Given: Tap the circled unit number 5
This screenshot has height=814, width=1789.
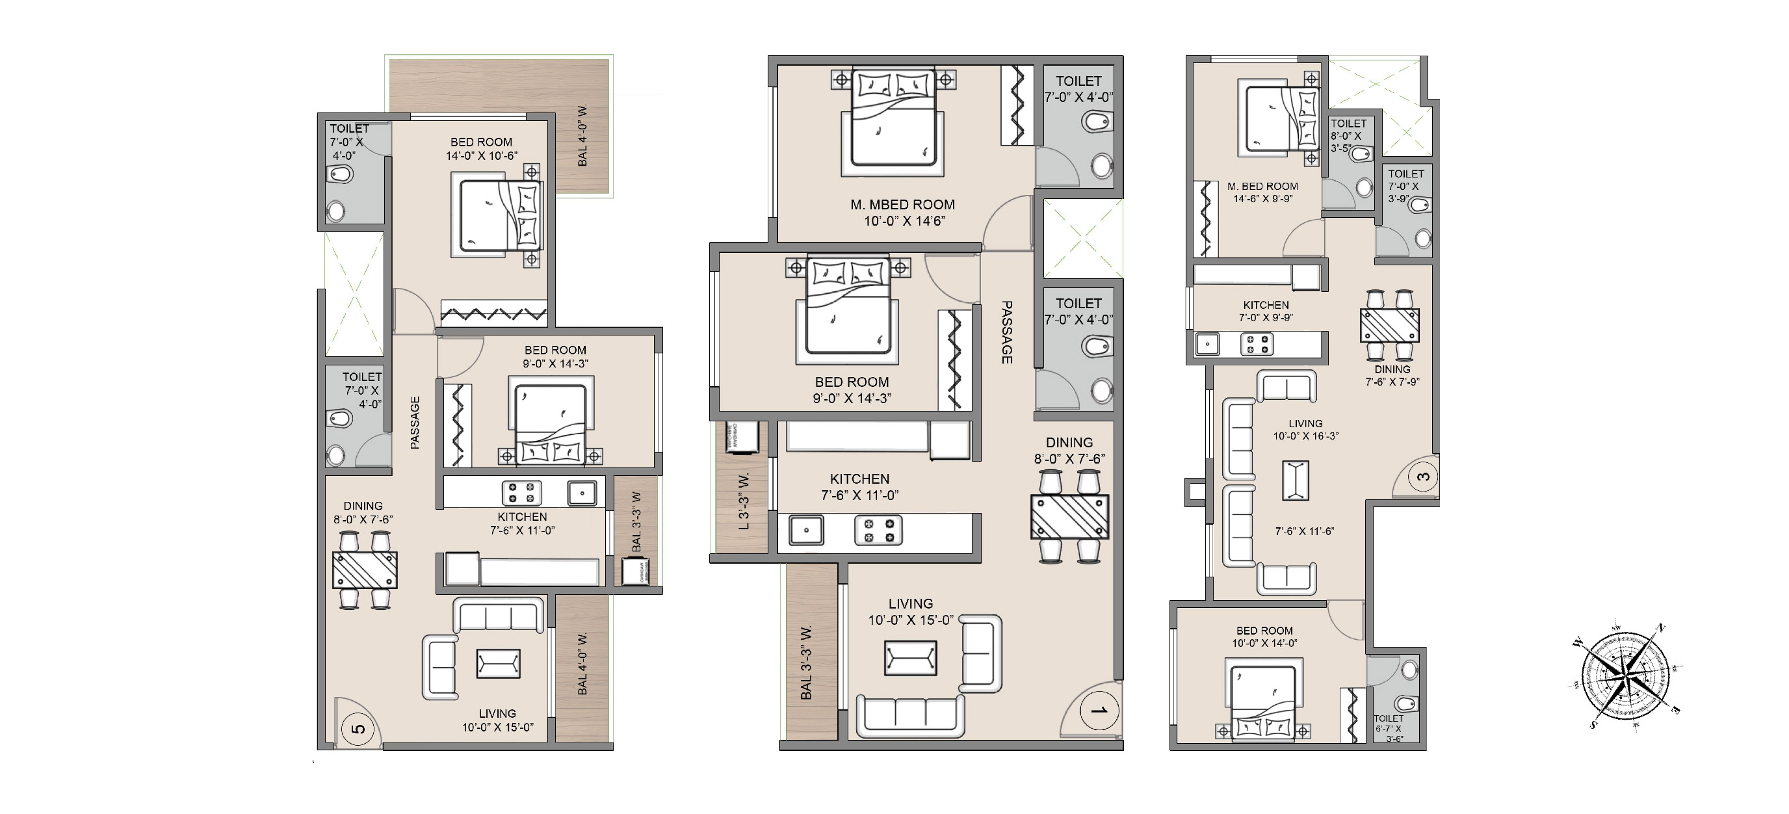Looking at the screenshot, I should pyautogui.click(x=358, y=729).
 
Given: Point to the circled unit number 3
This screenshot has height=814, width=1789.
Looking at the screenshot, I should pyautogui.click(x=1423, y=477).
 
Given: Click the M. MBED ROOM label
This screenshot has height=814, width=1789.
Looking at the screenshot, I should pyautogui.click(x=902, y=205).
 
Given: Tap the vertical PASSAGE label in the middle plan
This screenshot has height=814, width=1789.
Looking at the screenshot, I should pyautogui.click(x=1006, y=332).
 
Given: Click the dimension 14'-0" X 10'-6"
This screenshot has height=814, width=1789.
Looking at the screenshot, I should pyautogui.click(x=481, y=155).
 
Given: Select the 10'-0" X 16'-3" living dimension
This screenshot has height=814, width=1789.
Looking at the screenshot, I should pyautogui.click(x=1305, y=436).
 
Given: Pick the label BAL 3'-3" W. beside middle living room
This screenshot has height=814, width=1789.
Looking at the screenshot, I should pyautogui.click(x=805, y=663).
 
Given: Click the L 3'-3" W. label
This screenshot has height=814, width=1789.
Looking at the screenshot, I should pyautogui.click(x=744, y=501).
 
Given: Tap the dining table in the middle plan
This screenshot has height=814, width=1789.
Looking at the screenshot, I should pyautogui.click(x=1069, y=516).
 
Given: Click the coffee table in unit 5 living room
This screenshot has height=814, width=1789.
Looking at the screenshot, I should pyautogui.click(x=498, y=663).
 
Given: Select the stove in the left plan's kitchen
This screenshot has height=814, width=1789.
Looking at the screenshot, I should pyautogui.click(x=521, y=493).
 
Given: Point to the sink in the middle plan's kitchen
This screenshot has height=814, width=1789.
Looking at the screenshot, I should pyautogui.click(x=806, y=530).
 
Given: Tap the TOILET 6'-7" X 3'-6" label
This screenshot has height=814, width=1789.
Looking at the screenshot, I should pyautogui.click(x=1389, y=729).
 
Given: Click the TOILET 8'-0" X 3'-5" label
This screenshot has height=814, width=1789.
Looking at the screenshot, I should pyautogui.click(x=1348, y=135).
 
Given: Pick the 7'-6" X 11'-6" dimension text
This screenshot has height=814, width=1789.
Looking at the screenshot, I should pyautogui.click(x=1304, y=531).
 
